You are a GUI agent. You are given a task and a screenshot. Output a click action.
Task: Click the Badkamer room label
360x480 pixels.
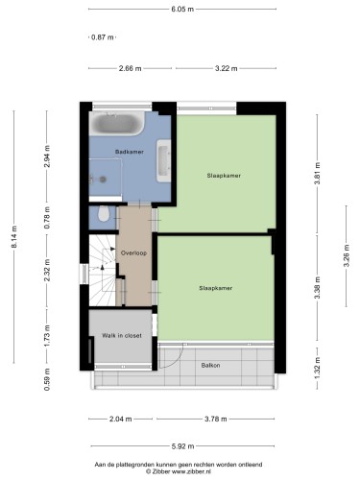[130, 152]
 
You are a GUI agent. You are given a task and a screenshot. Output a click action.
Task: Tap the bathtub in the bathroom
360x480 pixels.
[117, 123]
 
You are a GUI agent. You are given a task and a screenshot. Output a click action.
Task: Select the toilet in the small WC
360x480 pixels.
[103, 213]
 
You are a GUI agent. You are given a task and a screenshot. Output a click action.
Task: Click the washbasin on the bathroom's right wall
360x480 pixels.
[163, 160]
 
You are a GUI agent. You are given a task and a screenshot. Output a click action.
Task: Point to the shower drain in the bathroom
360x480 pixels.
[103, 180]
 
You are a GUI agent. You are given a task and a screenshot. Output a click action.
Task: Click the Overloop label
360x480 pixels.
[133, 252]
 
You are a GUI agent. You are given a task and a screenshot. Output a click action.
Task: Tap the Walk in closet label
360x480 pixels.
[122, 335]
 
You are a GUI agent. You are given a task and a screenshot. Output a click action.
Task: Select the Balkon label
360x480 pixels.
[210, 365]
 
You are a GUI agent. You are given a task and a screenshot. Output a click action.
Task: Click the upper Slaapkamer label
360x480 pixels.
[224, 176]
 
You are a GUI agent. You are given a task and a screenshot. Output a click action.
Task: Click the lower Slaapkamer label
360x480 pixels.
[216, 288]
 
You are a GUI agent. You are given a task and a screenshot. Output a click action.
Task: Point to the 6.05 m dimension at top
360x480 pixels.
[182, 9]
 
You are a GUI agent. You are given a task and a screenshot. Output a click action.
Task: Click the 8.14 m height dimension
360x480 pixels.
[14, 236]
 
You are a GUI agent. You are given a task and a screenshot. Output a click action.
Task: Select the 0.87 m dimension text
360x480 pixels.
[103, 37]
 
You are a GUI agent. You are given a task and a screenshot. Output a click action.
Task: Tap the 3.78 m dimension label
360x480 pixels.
[216, 419]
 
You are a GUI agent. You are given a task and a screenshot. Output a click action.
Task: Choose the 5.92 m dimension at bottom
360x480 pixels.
[182, 446]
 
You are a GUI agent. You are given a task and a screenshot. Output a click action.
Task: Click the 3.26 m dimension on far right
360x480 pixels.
[346, 255]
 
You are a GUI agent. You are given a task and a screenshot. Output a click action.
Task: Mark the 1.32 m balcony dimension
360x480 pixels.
[317, 368]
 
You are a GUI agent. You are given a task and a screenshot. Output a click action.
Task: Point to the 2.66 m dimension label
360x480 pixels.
[130, 68]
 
